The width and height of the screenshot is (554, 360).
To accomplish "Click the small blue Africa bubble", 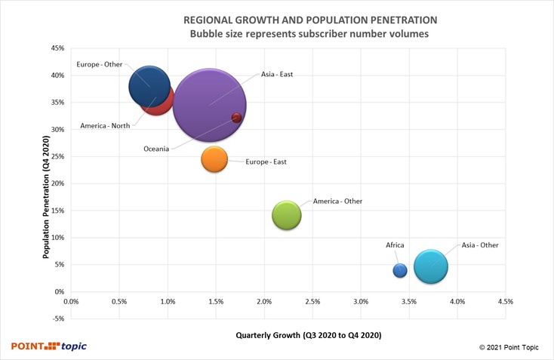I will (400, 270).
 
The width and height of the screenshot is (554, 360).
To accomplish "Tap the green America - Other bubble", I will (287, 215).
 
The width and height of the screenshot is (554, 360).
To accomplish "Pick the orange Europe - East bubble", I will (215, 158).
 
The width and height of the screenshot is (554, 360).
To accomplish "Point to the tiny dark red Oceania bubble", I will (236, 118).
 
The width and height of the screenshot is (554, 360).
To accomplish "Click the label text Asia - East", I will (277, 75).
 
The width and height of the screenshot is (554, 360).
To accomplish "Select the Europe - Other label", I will (100, 65).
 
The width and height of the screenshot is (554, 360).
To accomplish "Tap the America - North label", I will (104, 126).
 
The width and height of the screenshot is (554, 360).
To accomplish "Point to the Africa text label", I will (395, 245).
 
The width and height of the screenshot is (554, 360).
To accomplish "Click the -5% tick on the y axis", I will (57, 318).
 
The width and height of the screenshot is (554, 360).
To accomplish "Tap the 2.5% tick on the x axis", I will (312, 301).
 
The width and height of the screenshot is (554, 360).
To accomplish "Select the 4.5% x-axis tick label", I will (506, 301).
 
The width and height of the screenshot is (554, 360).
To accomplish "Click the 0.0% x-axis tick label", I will (72, 301).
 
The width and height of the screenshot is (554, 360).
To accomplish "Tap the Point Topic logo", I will (49, 346).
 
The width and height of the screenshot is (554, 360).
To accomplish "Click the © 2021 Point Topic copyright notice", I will (512, 347).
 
